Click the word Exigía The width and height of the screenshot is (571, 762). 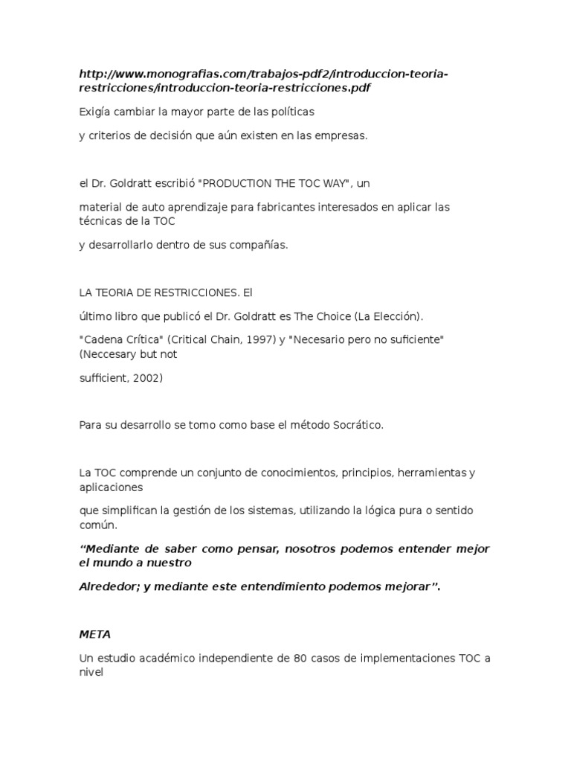[x=94, y=112]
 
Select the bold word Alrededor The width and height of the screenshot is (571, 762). [x=109, y=586]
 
